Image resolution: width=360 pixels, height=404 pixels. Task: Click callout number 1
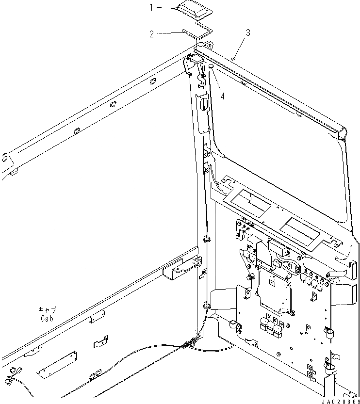click(x=151, y=7)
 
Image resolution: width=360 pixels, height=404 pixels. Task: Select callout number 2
click(x=151, y=34)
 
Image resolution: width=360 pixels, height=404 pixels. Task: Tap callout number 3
click(x=247, y=33)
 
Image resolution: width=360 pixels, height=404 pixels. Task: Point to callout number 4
click(x=222, y=96)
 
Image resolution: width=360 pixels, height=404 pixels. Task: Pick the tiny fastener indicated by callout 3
click(x=234, y=57)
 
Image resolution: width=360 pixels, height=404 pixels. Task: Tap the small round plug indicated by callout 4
click(x=212, y=66)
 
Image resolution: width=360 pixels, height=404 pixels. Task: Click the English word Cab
click(x=48, y=319)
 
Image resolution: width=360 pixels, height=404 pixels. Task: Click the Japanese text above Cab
click(x=48, y=309)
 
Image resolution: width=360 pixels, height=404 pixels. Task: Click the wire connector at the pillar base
click(x=190, y=343)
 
